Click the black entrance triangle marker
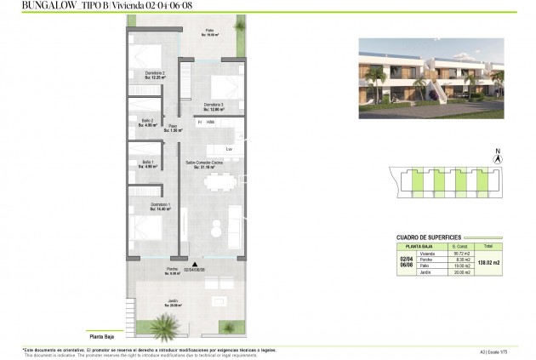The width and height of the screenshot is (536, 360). [x=195, y=265]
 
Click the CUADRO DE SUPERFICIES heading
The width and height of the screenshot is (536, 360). [x=429, y=237]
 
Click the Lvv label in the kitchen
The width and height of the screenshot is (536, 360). [x=229, y=149]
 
